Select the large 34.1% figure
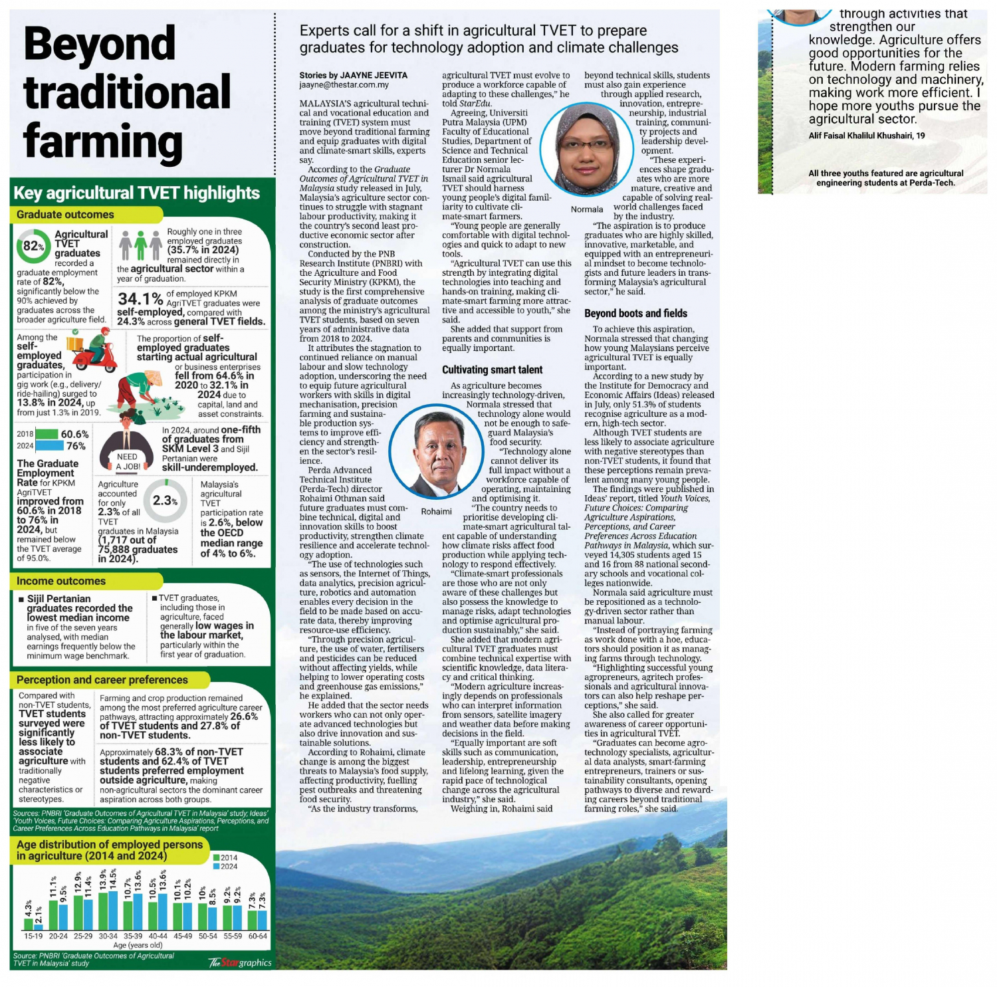pos(140,299)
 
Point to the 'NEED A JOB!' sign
pos(127,461)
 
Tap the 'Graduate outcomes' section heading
pos(65,215)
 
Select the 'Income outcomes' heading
pos(61,581)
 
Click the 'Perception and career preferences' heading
pos(102,680)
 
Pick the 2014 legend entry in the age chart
pos(225,857)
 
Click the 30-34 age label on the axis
pos(108,936)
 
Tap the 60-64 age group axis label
pos(258,936)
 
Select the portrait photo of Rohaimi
pos(436,453)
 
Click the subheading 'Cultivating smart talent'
pos(492,370)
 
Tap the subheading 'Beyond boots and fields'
pos(635,314)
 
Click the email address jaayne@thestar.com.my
pos(344,85)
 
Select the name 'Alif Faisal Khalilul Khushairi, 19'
pos(867,136)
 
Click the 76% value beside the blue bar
pos(76,446)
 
